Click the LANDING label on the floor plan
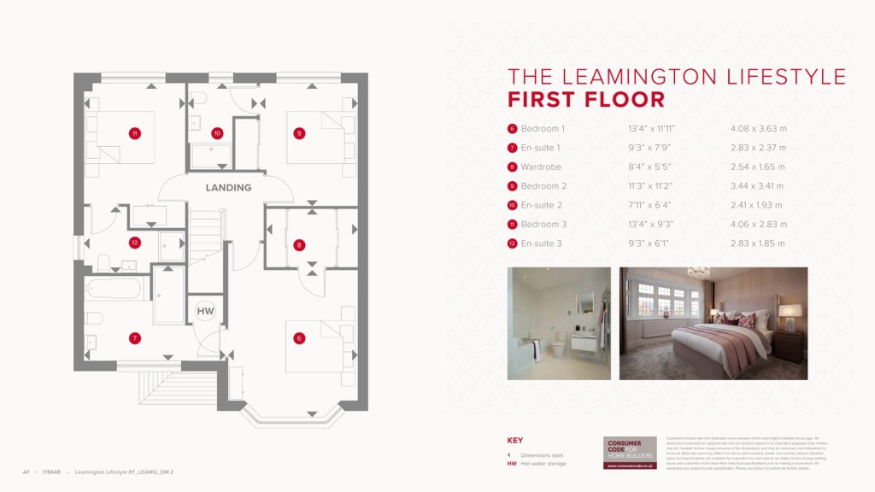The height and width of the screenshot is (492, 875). (228, 187)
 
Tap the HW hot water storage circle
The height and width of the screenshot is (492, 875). (206, 311)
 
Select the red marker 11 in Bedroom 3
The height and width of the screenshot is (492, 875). (134, 133)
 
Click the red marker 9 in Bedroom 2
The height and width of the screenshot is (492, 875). (298, 133)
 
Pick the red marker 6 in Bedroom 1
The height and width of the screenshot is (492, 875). (298, 338)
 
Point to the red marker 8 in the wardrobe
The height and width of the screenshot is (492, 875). (298, 245)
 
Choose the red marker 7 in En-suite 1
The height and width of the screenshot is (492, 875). (134, 338)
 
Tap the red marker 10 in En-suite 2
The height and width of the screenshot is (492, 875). (217, 133)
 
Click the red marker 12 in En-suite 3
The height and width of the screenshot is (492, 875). (134, 243)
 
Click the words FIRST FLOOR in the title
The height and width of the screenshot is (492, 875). (586, 99)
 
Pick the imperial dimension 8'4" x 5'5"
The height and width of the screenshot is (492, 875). (650, 167)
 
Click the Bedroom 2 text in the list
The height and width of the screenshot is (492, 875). (543, 186)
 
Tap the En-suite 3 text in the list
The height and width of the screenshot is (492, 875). (543, 243)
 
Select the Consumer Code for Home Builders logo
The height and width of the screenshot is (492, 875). (630, 453)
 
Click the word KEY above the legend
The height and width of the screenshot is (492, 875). (515, 441)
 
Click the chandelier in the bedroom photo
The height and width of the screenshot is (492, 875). (699, 273)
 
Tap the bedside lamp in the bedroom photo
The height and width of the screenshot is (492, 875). (790, 314)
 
